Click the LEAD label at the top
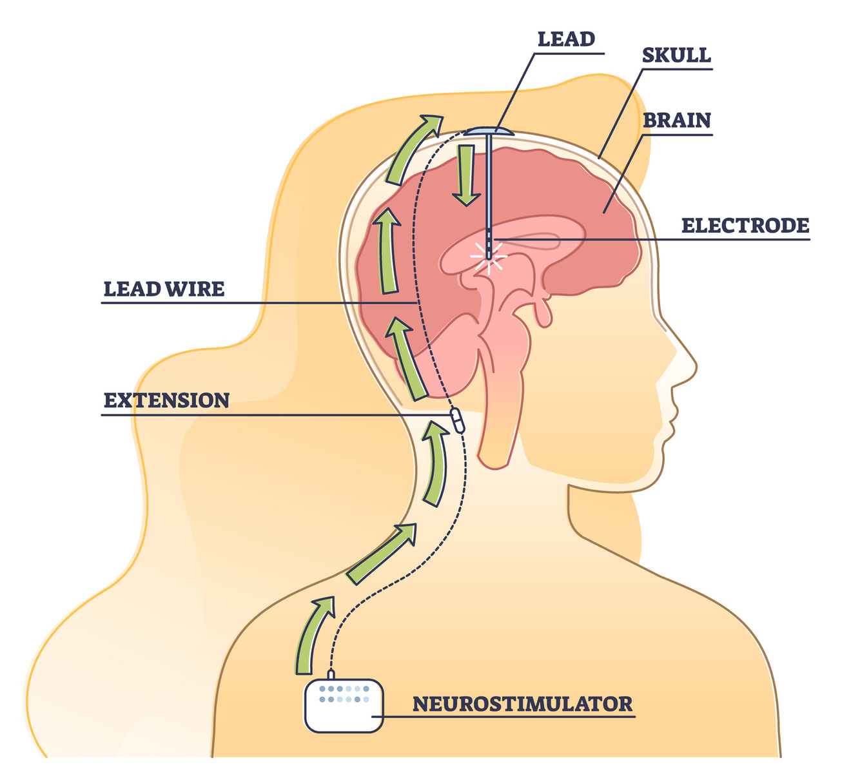(x=565, y=39)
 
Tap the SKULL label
(x=676, y=55)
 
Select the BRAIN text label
(x=676, y=121)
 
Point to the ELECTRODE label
(x=745, y=226)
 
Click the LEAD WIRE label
(x=164, y=289)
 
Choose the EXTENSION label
(x=166, y=400)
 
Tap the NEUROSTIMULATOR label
(x=522, y=703)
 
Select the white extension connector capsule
(x=456, y=420)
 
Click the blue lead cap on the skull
(x=489, y=131)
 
